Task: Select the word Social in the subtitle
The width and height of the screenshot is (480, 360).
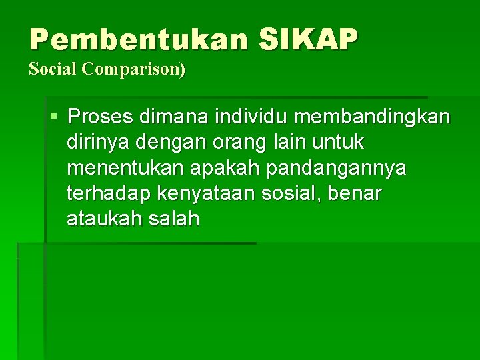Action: pos(53,69)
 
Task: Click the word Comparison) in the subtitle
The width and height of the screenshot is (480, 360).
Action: pos(134,69)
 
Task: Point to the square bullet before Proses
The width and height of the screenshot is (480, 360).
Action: pos(53,117)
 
